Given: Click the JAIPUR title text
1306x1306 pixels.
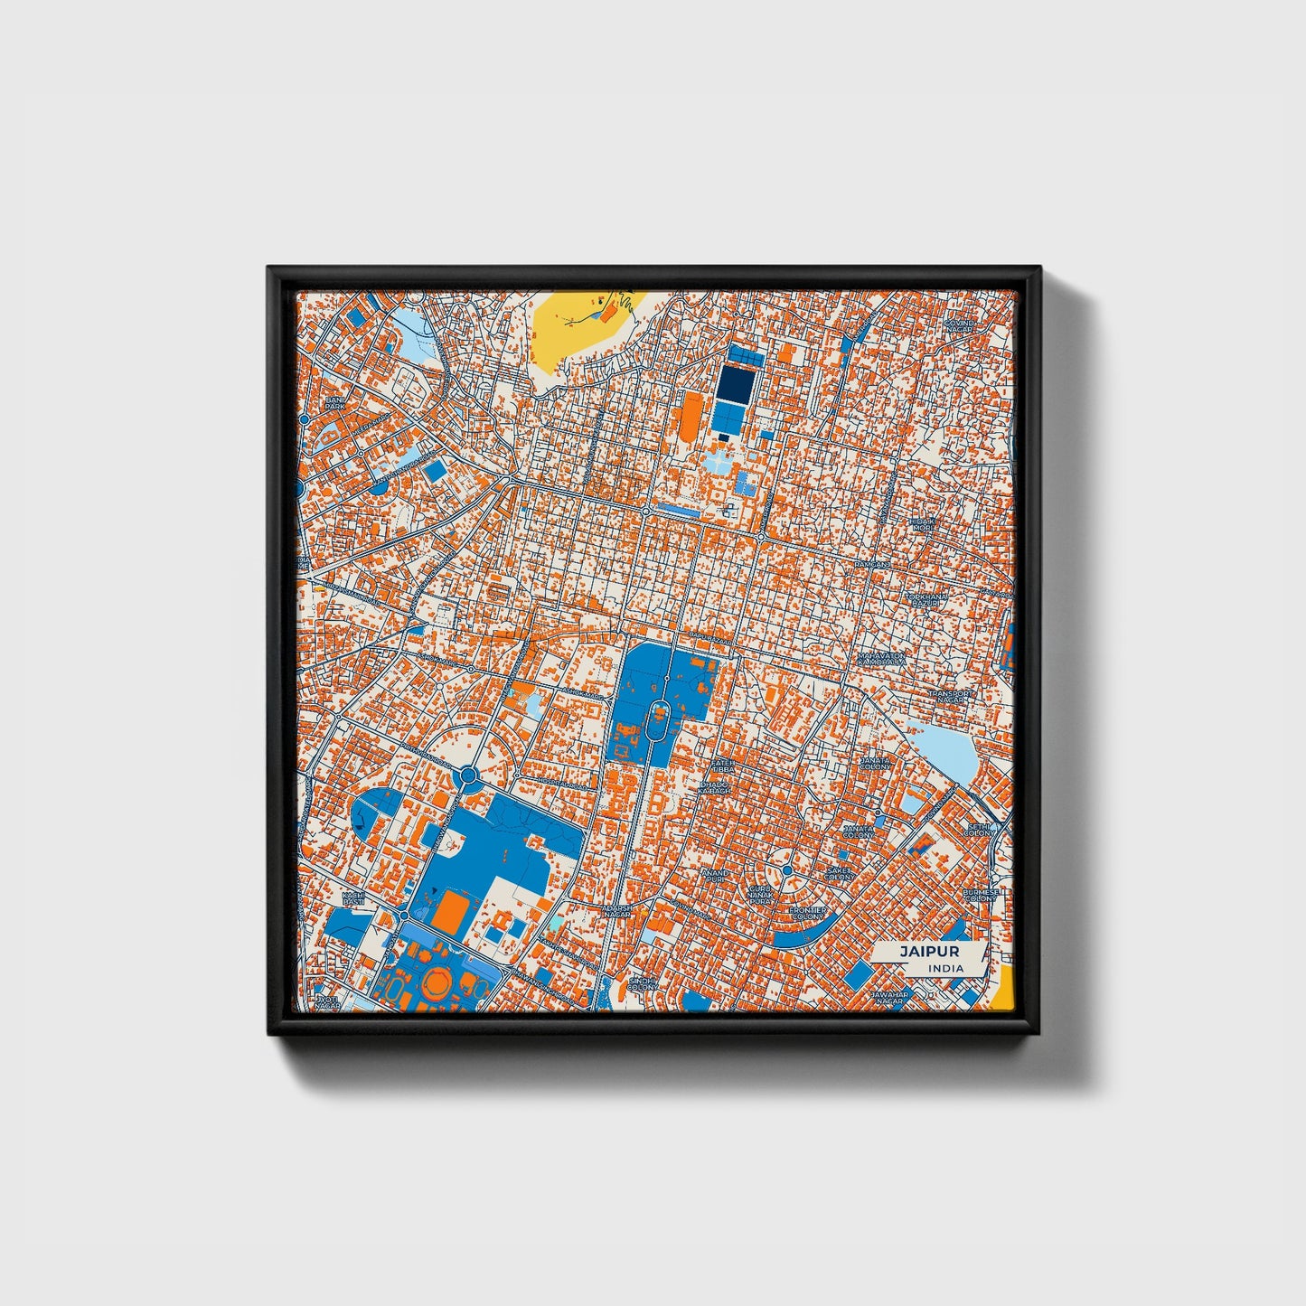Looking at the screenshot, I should [928, 952].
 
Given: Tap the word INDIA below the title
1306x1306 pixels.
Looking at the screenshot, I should [945, 968].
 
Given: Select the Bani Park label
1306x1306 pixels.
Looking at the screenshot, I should [335, 403].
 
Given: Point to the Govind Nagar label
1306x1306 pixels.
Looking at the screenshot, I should [959, 326].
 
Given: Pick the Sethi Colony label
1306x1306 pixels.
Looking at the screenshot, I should [979, 830].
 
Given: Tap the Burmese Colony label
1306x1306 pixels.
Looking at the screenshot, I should [980, 895].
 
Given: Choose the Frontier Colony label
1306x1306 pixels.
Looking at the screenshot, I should [806, 913].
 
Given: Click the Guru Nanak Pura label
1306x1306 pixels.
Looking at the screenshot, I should [760, 895].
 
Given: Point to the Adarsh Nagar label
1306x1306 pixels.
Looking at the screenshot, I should [617, 910].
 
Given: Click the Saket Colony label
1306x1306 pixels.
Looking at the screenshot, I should [840, 874].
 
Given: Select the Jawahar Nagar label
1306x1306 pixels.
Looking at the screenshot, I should [888, 998].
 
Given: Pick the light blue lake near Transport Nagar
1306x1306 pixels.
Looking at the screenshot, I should [944, 752].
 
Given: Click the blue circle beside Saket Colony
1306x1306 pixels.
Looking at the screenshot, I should [787, 869].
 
